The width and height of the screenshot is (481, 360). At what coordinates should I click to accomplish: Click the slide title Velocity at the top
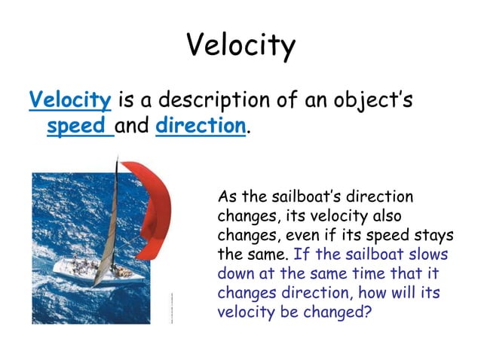coord(240,45)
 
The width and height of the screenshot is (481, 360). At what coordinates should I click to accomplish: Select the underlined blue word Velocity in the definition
coord(71,99)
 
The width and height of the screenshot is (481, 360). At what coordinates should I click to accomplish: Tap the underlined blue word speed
coord(75,126)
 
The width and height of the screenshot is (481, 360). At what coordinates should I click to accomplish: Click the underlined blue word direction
coord(201,126)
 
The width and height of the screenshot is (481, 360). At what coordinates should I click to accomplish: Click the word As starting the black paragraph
coord(228,197)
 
